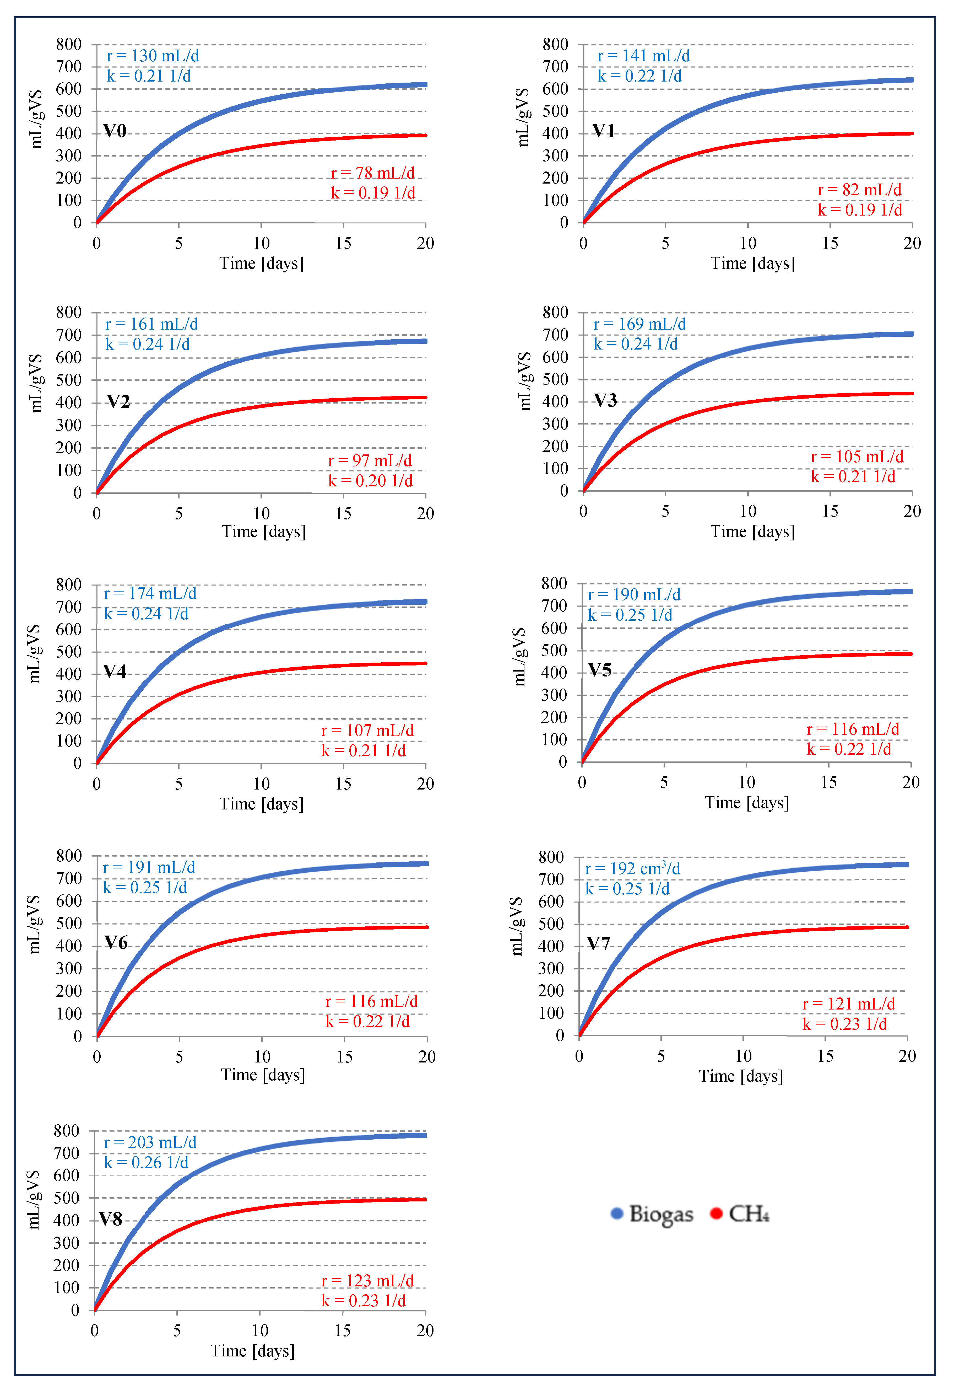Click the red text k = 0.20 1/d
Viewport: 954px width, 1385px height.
pos(370,481)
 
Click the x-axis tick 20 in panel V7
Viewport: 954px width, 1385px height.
pos(907,1056)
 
